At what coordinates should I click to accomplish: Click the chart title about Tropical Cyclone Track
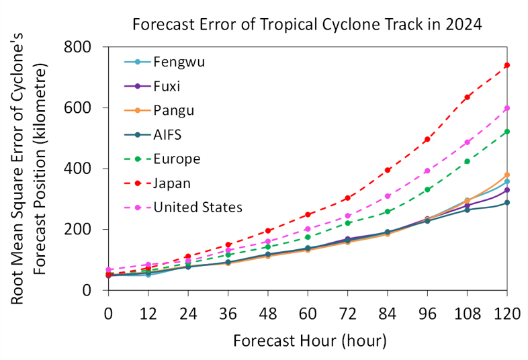(307, 25)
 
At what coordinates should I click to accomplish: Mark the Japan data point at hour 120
(507, 65)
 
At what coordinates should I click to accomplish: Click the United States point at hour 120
(507, 108)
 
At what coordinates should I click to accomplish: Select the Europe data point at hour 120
(507, 132)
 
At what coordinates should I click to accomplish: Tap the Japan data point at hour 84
(388, 170)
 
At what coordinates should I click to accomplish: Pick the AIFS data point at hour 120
(507, 202)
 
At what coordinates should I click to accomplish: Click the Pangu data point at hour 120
(507, 175)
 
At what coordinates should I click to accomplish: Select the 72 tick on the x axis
(347, 313)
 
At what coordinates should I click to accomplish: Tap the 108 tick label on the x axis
(467, 313)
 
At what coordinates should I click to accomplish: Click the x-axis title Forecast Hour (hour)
(310, 341)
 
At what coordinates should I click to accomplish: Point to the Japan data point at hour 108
(467, 97)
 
